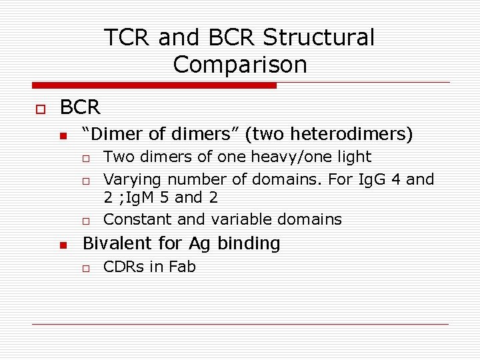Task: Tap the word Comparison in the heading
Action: click(240, 65)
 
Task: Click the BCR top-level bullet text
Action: click(80, 107)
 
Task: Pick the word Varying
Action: click(133, 179)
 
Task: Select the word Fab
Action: click(182, 267)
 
